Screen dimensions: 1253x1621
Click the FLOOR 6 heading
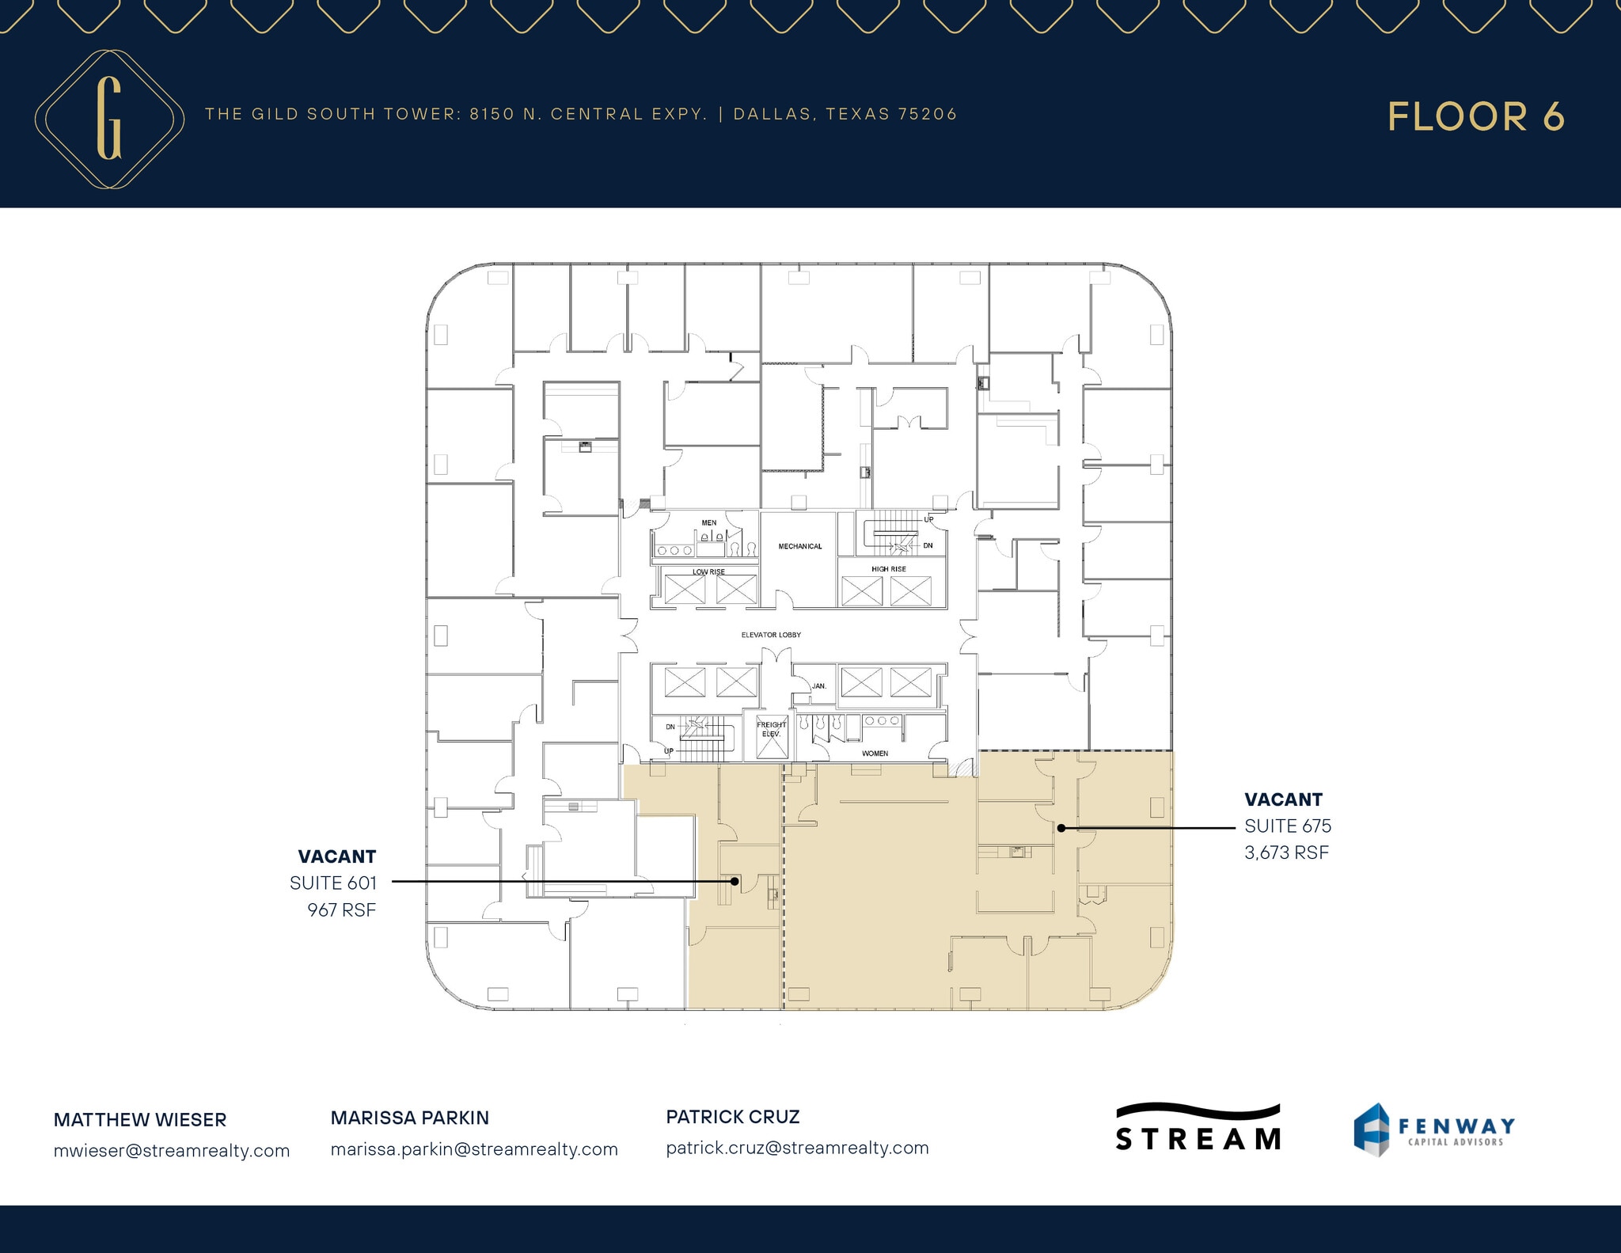(x=1475, y=117)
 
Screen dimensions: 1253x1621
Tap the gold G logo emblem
(x=109, y=120)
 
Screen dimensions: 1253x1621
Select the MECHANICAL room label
(x=799, y=546)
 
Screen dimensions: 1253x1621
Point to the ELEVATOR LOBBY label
(x=771, y=635)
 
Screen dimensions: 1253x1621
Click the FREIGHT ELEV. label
(x=771, y=729)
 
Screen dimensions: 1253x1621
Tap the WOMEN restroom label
(x=875, y=754)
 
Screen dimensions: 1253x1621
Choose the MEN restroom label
(x=709, y=522)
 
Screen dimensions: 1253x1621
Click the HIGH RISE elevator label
(x=888, y=569)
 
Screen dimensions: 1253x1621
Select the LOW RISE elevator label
(x=708, y=571)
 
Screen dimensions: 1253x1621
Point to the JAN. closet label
(x=819, y=686)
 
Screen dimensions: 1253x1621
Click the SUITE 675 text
(x=1288, y=826)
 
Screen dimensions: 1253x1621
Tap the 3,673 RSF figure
(x=1286, y=852)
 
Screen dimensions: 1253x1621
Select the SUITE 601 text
(x=333, y=883)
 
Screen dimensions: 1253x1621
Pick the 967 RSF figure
(x=342, y=910)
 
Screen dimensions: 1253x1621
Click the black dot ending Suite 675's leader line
(x=1061, y=828)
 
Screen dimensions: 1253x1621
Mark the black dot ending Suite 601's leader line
(x=735, y=881)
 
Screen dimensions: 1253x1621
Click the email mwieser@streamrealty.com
(x=172, y=1151)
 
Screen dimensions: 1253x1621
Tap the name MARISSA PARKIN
(x=410, y=1118)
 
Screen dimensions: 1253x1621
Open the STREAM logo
(x=1198, y=1128)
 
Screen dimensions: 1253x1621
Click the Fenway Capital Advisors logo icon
(x=1372, y=1130)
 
